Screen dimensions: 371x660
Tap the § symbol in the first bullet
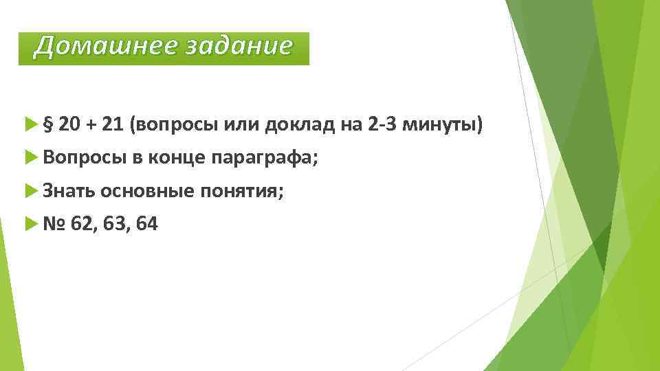[48, 125]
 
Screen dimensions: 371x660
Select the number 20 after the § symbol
[70, 124]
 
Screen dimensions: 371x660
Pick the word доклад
[299, 125]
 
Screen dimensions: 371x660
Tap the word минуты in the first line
[441, 125]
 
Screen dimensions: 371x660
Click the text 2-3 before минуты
[383, 124]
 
